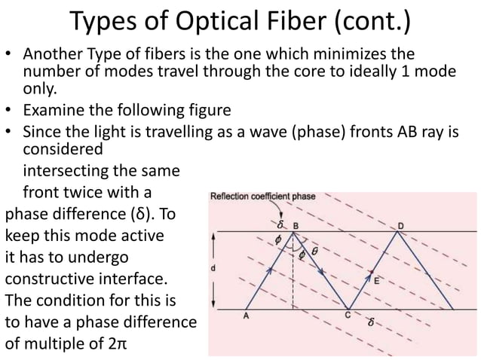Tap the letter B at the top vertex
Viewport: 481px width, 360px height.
296,224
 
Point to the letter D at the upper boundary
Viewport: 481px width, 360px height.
400,224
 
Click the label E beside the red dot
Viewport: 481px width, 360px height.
376,280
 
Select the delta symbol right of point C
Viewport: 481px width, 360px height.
369,322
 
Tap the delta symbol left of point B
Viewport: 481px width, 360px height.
280,224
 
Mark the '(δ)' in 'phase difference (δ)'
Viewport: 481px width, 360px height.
139,213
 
